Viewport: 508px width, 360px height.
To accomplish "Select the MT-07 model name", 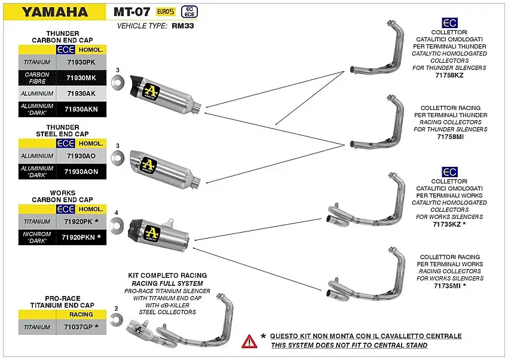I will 131,11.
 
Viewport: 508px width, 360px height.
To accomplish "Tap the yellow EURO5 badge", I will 166,11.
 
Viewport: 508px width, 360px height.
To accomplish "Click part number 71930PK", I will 81,62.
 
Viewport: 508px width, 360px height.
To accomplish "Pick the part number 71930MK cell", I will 81,78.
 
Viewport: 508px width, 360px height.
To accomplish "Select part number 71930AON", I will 81,172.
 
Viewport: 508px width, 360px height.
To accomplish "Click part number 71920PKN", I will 81,237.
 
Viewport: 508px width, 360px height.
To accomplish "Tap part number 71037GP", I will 81,327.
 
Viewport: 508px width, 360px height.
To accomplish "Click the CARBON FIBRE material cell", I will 37,78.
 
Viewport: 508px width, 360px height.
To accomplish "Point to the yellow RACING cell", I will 81,314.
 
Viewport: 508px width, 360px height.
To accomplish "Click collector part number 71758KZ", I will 449,75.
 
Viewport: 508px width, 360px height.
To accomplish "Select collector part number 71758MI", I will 449,137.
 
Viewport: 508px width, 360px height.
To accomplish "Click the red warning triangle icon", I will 249,341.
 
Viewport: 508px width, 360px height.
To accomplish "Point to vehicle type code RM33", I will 183,26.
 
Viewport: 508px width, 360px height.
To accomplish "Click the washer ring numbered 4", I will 117,224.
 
